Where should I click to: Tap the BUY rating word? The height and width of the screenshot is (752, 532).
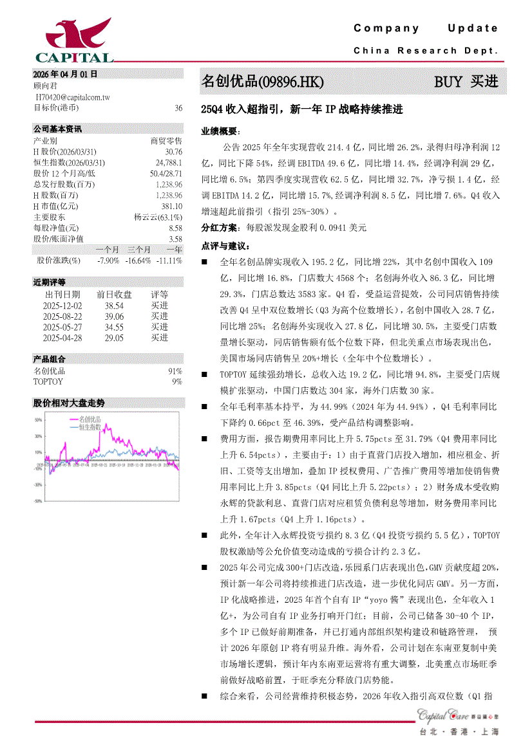(448, 82)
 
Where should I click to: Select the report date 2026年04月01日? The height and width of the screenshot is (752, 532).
(66, 75)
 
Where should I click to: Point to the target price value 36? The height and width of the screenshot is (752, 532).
(178, 108)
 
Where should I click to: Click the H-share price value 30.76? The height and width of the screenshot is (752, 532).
(174, 151)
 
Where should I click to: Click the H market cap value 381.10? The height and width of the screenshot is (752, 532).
(171, 206)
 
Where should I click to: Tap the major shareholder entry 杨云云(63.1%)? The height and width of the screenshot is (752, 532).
(158, 217)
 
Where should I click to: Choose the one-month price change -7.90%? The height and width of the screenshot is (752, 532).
(108, 261)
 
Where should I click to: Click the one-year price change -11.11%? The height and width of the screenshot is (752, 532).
(169, 261)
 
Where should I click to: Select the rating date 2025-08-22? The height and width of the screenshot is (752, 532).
(62, 316)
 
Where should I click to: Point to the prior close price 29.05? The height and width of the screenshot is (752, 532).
(114, 337)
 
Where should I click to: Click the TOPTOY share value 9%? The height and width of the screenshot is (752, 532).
(177, 381)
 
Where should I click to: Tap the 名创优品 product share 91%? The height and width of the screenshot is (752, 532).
(175, 371)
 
